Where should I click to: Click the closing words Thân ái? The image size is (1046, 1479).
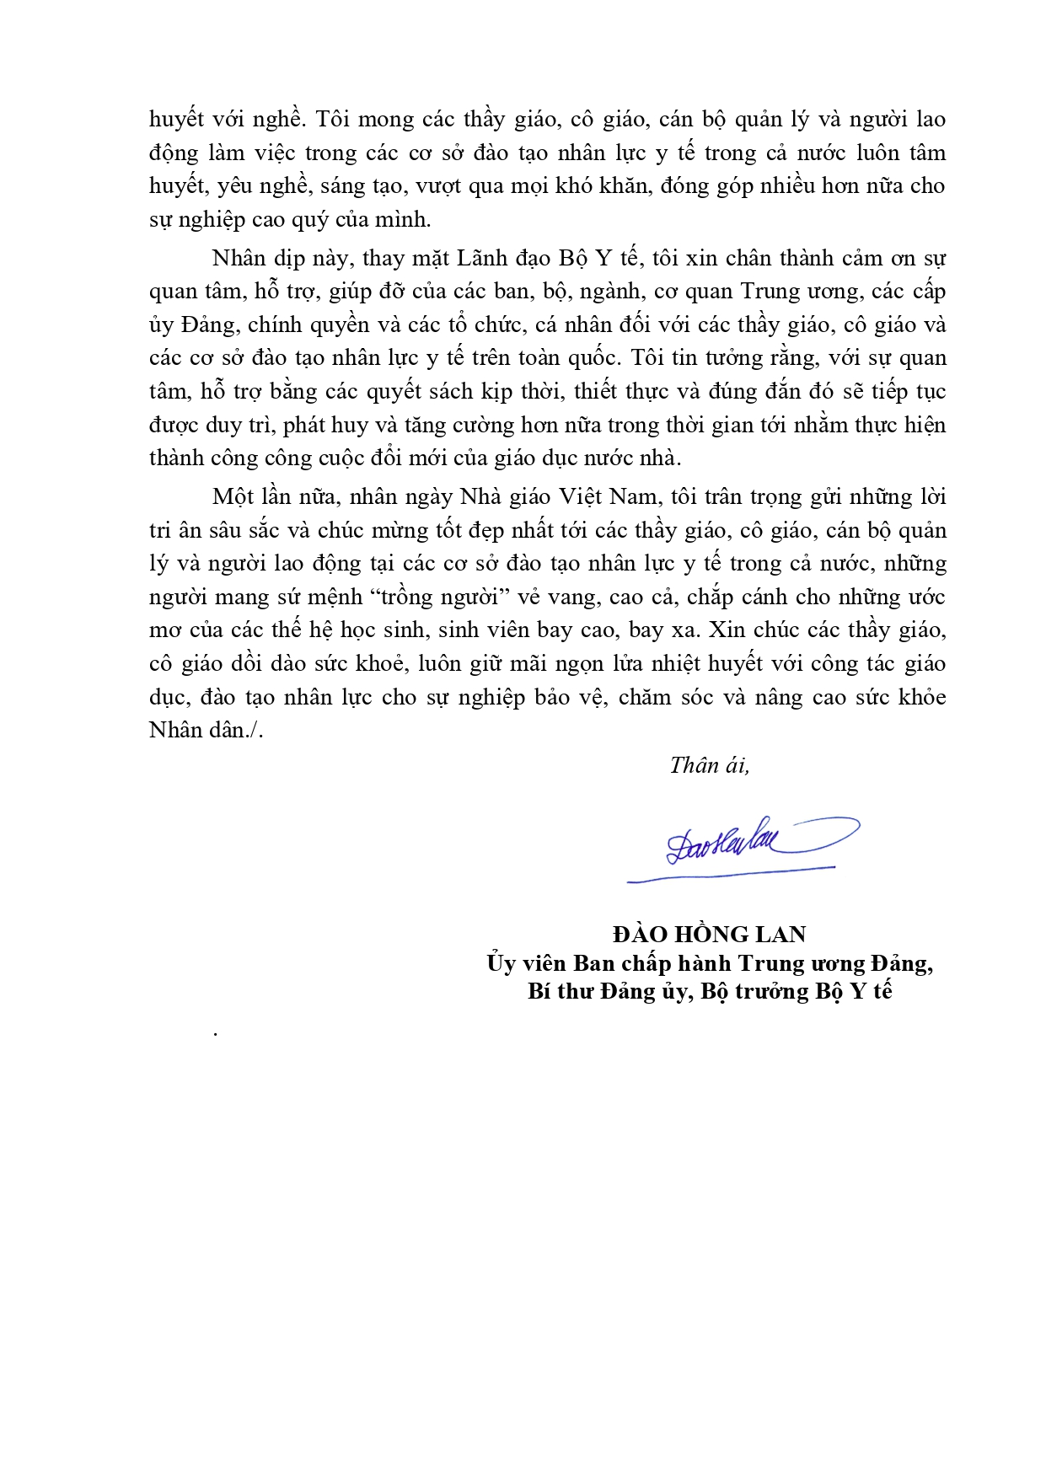[709, 764]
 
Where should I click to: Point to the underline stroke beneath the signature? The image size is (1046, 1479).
[730, 874]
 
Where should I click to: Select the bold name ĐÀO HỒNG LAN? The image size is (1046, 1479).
[710, 934]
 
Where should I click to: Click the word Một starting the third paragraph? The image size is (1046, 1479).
[233, 496]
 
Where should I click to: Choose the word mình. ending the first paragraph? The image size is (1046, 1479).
[405, 219]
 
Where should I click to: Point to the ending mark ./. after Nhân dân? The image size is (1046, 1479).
[255, 730]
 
